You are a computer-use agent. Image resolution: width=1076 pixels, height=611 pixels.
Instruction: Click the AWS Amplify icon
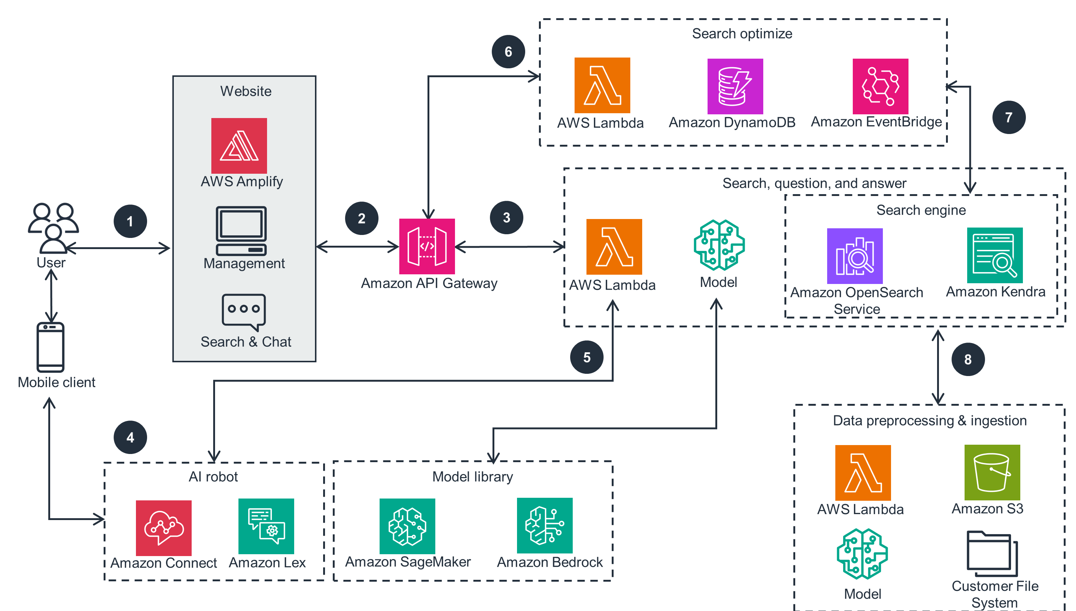coord(239,146)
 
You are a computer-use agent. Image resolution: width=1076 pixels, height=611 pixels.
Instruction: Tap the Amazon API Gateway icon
coord(427,246)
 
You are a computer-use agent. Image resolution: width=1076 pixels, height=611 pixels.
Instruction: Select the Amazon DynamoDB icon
coord(735,86)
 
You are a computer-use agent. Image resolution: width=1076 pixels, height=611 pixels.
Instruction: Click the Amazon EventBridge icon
coord(880,86)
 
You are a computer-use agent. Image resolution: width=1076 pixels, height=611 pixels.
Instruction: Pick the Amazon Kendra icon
coord(995,255)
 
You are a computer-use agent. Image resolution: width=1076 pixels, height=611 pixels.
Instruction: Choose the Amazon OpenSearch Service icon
coord(855,256)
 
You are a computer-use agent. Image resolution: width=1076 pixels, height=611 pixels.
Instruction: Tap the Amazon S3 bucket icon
coord(992,473)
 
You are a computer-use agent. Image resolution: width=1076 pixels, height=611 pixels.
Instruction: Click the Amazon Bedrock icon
coord(544,525)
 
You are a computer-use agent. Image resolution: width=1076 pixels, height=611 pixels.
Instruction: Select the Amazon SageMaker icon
coord(407,526)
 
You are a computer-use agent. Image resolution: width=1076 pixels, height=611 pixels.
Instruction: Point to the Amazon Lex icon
coord(266,526)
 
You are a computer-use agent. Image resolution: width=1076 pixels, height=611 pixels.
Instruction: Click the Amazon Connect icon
coord(164,528)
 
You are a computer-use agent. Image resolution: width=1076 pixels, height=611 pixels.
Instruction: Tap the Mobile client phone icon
coord(51,347)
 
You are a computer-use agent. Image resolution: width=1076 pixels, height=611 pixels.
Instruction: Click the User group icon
coord(53,228)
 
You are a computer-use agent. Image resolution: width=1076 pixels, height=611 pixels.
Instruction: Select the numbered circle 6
coord(508,52)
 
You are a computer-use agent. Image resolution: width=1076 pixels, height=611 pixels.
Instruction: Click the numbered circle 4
coord(130,437)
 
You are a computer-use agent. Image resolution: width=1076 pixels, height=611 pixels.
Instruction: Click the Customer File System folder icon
coord(992,554)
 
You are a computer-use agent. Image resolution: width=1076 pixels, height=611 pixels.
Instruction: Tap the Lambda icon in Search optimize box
coord(602,85)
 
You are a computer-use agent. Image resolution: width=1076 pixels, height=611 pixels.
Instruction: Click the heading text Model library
coord(473,477)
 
